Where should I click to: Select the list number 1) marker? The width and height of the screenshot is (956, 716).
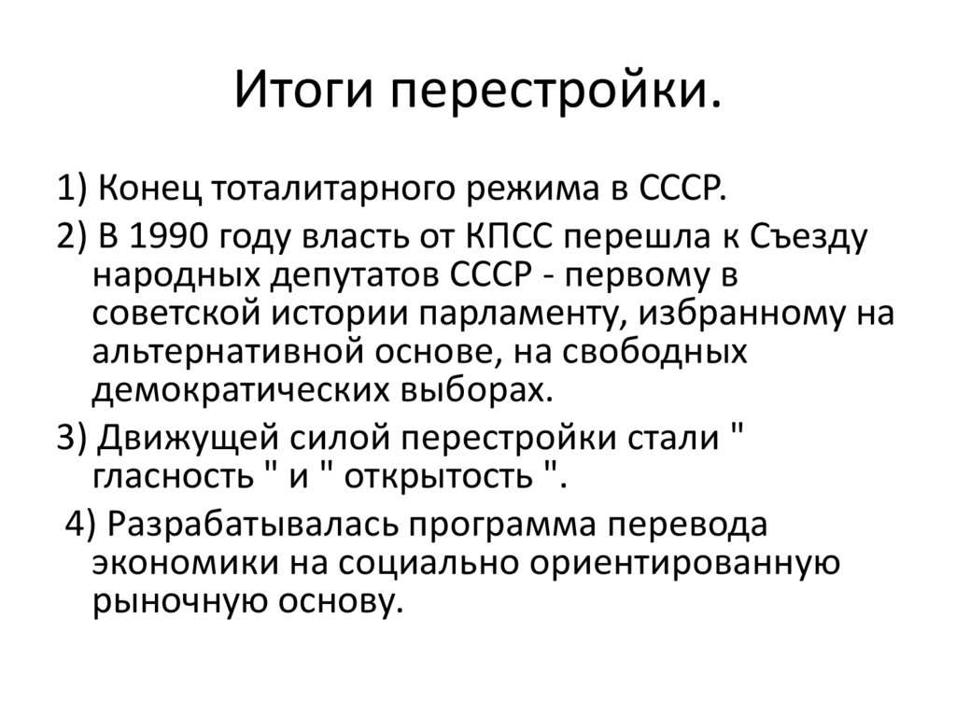tap(72, 189)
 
